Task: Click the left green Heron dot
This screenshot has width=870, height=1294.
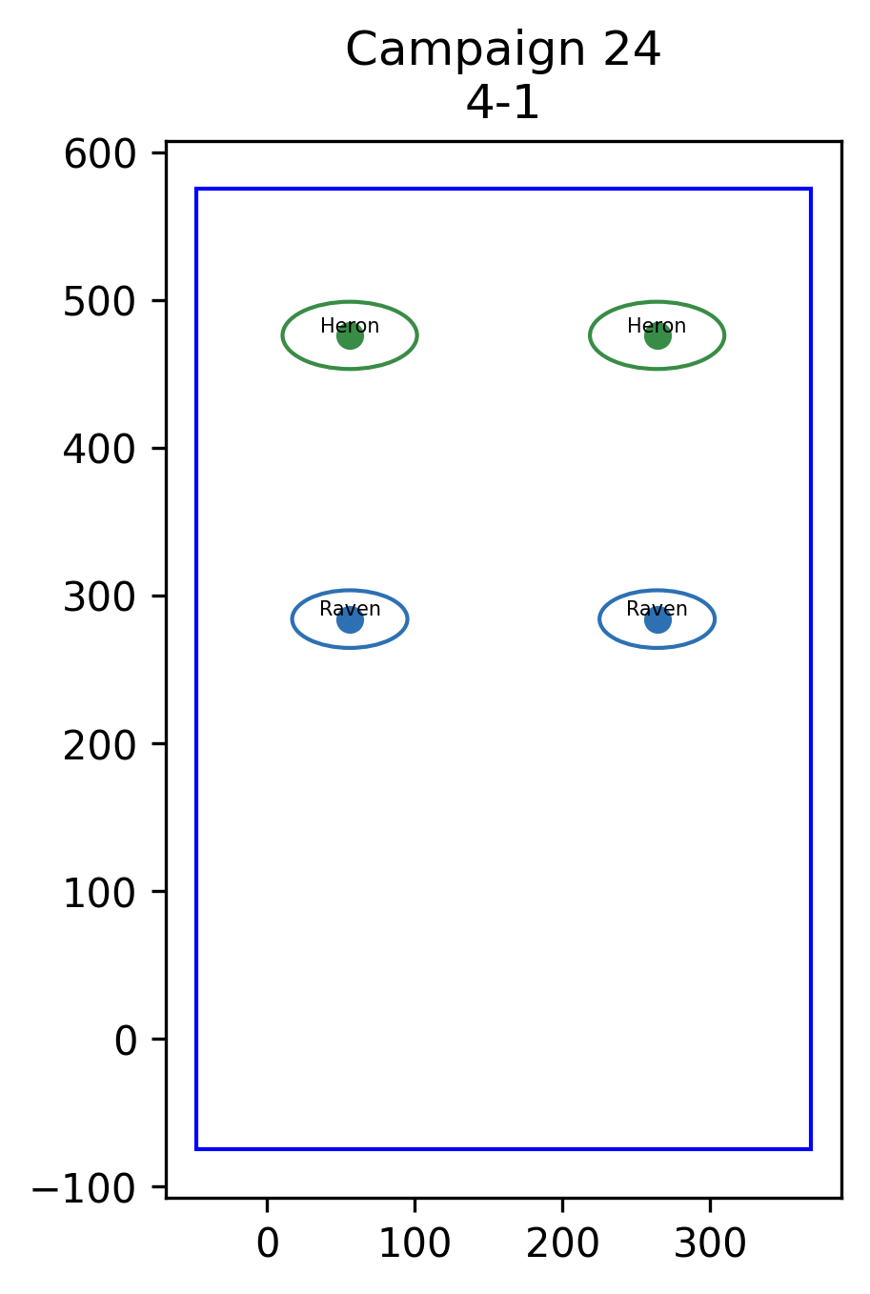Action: click(x=350, y=335)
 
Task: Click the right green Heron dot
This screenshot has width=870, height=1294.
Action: click(x=658, y=335)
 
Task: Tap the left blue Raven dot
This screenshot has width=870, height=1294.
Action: click(x=350, y=620)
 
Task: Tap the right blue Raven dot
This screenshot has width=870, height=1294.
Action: click(x=658, y=620)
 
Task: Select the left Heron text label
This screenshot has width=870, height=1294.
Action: click(x=350, y=326)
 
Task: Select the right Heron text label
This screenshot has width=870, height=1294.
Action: click(x=657, y=326)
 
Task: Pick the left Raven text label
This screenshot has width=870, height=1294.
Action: click(x=350, y=609)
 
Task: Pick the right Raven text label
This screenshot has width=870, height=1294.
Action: click(x=657, y=609)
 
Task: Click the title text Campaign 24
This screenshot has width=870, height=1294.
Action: click(x=502, y=51)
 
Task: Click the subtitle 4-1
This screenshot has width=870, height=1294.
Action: click(x=502, y=104)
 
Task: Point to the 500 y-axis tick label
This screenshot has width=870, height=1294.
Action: click(x=99, y=302)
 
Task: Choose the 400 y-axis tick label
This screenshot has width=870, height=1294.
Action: click(x=99, y=450)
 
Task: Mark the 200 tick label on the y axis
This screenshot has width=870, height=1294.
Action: click(x=99, y=746)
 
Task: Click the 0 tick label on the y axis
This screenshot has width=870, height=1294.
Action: click(x=125, y=1041)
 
